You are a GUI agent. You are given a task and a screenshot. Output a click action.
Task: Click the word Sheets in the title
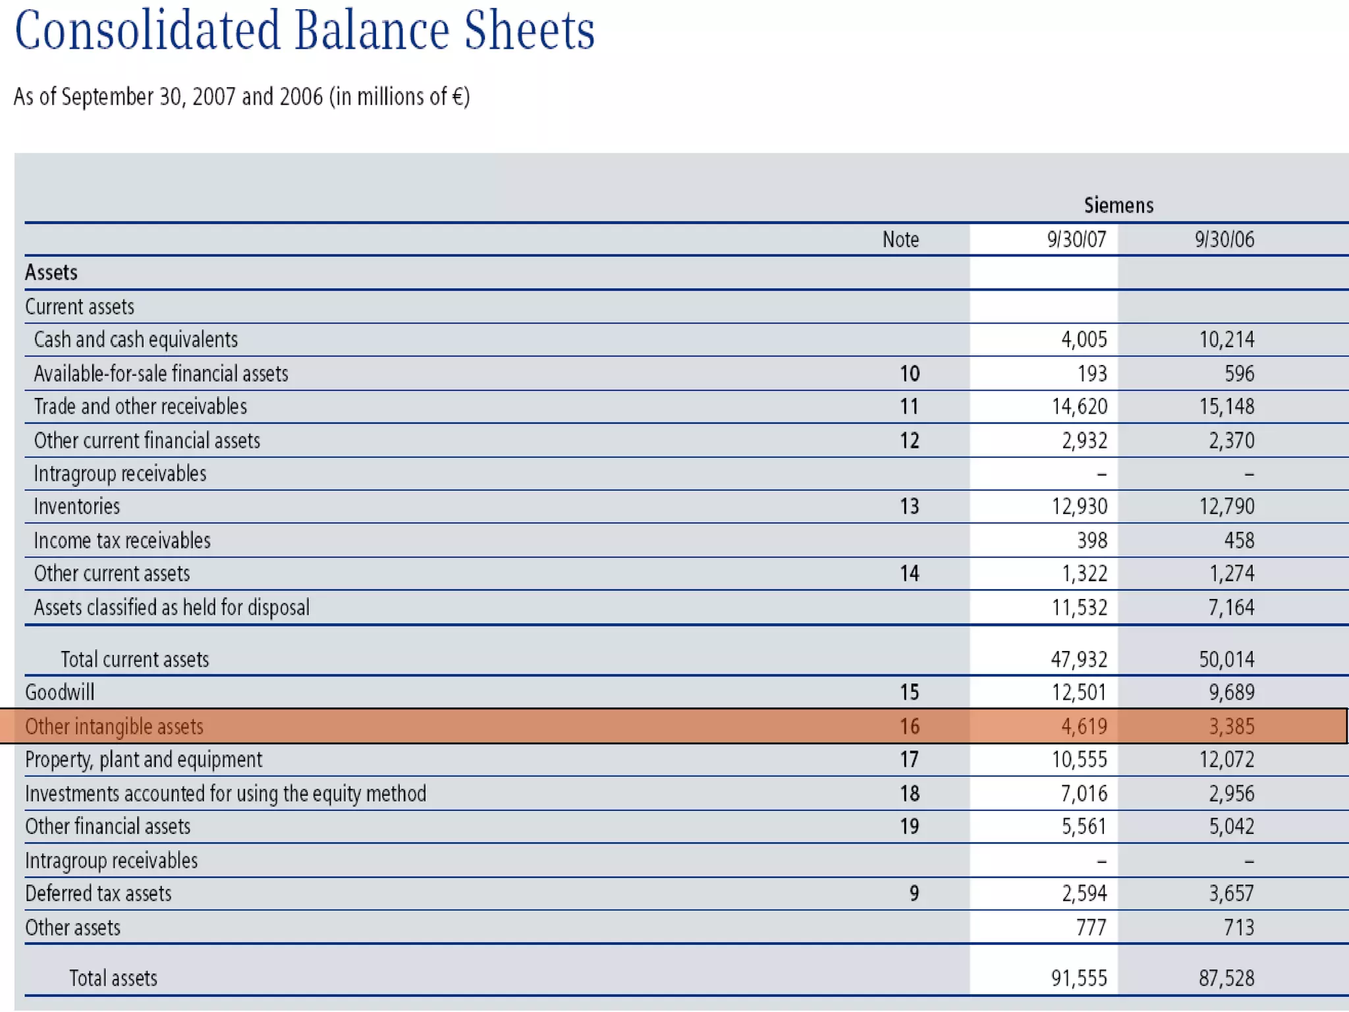529,31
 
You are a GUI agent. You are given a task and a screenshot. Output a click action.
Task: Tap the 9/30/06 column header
1225,239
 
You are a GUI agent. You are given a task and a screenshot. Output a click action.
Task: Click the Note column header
900,239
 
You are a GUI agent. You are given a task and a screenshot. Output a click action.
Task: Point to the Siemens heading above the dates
1118,206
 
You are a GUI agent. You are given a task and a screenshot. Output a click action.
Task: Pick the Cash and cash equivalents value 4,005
1084,339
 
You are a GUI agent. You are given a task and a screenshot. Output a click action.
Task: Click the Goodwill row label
60,692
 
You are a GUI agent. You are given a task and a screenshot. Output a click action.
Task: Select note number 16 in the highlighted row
909,727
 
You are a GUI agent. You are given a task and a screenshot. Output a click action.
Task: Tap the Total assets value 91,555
1079,978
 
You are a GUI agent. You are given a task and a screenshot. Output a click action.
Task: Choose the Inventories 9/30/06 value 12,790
1226,506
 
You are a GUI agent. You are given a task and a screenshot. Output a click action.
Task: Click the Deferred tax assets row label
98,893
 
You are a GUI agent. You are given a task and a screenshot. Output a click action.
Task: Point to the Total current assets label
134,660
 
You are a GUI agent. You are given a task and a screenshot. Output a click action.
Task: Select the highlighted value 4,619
1084,727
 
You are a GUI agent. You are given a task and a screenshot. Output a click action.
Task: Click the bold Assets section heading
51,272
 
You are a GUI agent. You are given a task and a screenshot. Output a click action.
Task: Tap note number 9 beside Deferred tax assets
914,893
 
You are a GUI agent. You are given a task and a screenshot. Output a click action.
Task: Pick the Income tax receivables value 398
1091,540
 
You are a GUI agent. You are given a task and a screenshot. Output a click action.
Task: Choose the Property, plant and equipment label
144,760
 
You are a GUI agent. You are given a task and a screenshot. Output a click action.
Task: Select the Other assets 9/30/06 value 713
1238,928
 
